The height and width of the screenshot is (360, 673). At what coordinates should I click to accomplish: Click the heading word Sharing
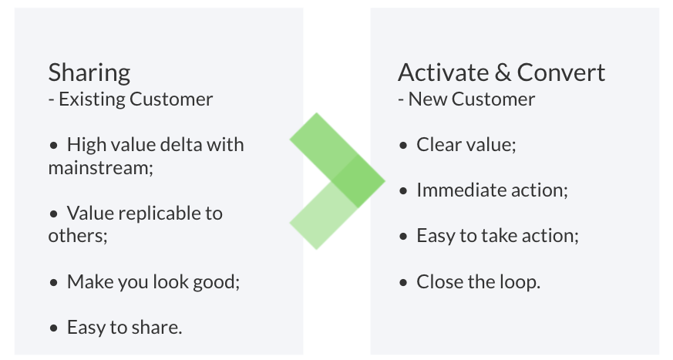click(89, 73)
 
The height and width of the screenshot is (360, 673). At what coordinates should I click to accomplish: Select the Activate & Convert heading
click(501, 73)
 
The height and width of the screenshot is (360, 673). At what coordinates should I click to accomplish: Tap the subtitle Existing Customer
click(136, 99)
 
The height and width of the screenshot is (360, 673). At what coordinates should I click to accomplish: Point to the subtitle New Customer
click(471, 99)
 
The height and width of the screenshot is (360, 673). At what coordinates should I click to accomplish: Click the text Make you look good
click(153, 281)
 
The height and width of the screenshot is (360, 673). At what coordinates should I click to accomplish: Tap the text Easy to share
click(124, 327)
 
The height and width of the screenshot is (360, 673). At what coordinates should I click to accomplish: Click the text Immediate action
click(491, 190)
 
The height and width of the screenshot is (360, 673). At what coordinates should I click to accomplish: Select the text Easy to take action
click(496, 236)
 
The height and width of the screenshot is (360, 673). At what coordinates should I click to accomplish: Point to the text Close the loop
click(478, 281)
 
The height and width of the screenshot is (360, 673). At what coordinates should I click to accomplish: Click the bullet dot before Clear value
click(404, 145)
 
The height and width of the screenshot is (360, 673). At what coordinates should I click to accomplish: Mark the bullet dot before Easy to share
click(54, 328)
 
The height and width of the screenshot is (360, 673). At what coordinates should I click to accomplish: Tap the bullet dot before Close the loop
click(404, 282)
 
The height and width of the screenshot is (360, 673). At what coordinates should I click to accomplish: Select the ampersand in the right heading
click(502, 73)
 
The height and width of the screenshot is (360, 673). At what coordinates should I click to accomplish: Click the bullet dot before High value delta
click(54, 145)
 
